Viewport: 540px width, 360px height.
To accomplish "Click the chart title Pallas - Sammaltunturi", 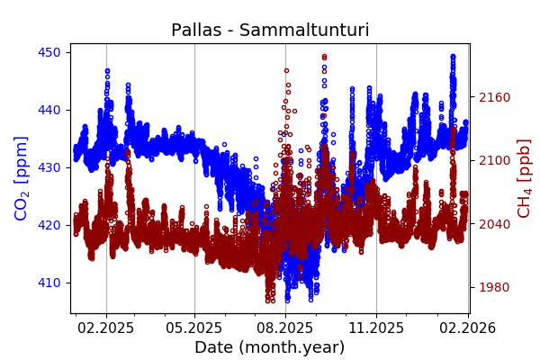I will coord(270,30).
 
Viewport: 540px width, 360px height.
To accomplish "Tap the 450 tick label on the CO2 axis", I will coord(49,52).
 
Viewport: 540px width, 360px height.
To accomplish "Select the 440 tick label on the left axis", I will coord(49,110).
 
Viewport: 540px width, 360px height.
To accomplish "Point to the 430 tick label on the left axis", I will coord(49,167).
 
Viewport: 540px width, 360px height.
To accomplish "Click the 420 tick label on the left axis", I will coord(49,225).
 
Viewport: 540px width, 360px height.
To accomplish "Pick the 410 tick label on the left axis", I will coord(49,283).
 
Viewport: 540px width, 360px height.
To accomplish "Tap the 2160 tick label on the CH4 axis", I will coord(493,97).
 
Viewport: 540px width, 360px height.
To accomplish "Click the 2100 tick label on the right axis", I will coord(493,160).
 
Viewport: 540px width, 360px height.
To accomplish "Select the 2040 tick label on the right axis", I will coord(493,224).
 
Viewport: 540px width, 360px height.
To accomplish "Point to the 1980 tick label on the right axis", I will coord(493,287).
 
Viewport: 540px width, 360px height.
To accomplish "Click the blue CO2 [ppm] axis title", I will coord(22,177).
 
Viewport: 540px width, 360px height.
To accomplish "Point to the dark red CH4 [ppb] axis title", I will coord(524,177).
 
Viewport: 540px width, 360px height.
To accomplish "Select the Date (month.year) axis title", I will coord(269,347).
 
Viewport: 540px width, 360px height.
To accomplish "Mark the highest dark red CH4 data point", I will coord(324,56).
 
